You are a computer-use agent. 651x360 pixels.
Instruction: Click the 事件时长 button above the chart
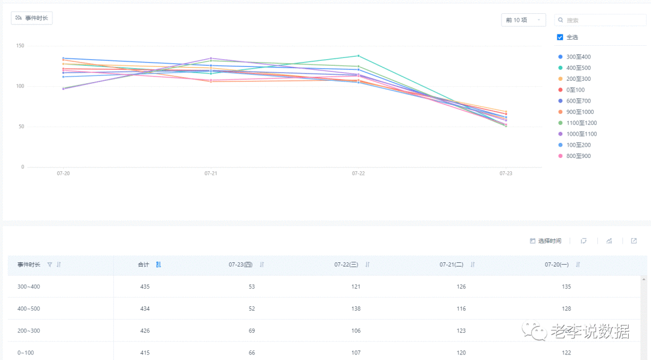(x=31, y=18)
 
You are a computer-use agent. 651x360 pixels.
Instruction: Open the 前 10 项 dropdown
(x=523, y=20)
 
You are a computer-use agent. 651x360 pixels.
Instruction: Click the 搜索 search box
(x=600, y=20)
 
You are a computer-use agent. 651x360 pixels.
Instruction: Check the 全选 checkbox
(x=560, y=37)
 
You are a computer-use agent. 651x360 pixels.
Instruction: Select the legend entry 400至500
(x=574, y=68)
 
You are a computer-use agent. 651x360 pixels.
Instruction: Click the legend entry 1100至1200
(x=577, y=123)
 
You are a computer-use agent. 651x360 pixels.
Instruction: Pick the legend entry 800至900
(x=574, y=156)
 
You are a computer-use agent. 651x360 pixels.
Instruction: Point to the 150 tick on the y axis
(x=20, y=46)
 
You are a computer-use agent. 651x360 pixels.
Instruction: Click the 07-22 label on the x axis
(x=358, y=174)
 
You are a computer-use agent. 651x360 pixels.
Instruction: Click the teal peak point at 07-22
(x=358, y=55)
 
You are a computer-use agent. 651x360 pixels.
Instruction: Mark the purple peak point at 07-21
(x=211, y=58)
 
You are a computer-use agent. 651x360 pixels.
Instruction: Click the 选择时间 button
(x=546, y=241)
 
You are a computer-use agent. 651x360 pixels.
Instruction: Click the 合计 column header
(x=143, y=265)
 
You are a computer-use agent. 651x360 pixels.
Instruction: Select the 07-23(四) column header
(x=241, y=265)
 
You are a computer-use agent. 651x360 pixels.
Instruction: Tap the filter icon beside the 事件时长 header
(x=50, y=265)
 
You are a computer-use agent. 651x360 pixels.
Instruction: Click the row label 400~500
(x=29, y=309)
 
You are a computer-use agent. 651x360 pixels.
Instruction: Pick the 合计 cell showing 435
(x=145, y=286)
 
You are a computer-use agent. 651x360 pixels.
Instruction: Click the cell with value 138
(x=356, y=309)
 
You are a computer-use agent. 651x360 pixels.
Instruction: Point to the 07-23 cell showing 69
(x=251, y=330)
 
